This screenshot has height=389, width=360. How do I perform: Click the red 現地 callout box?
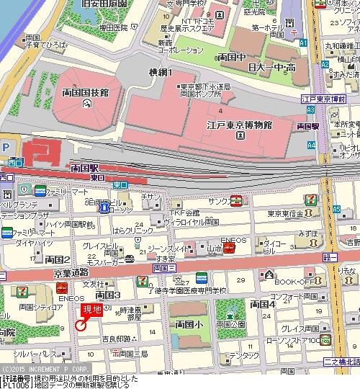click(x=91, y=310)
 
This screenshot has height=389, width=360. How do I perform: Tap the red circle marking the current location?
click(x=81, y=325)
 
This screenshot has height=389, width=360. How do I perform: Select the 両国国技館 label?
click(x=85, y=92)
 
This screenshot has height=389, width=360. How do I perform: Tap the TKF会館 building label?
click(x=184, y=213)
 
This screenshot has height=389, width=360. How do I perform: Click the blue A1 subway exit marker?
click(x=305, y=43)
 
